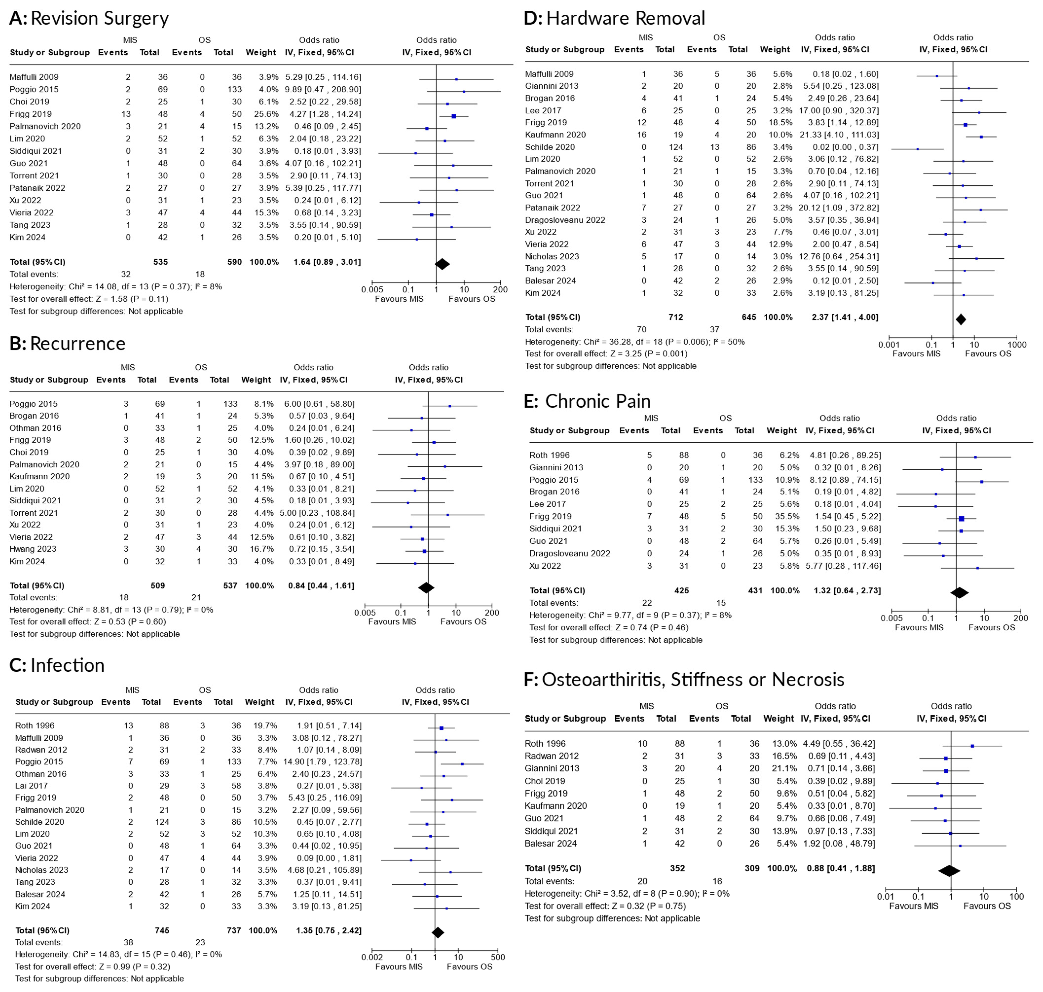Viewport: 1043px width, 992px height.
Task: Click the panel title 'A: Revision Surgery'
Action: [89, 19]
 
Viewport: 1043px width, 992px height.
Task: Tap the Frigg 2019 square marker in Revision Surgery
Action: [453, 116]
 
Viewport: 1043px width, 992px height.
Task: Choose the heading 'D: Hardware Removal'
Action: [614, 19]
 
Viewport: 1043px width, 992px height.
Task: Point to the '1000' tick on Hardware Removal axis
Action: [1017, 345]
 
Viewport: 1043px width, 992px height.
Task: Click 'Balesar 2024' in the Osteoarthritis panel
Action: [550, 844]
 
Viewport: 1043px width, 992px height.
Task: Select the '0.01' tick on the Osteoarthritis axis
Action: [885, 896]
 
